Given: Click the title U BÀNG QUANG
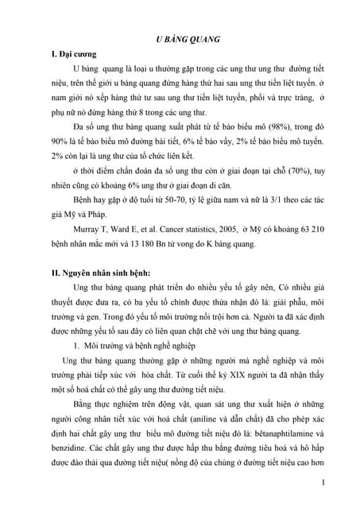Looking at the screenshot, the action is (186, 37).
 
